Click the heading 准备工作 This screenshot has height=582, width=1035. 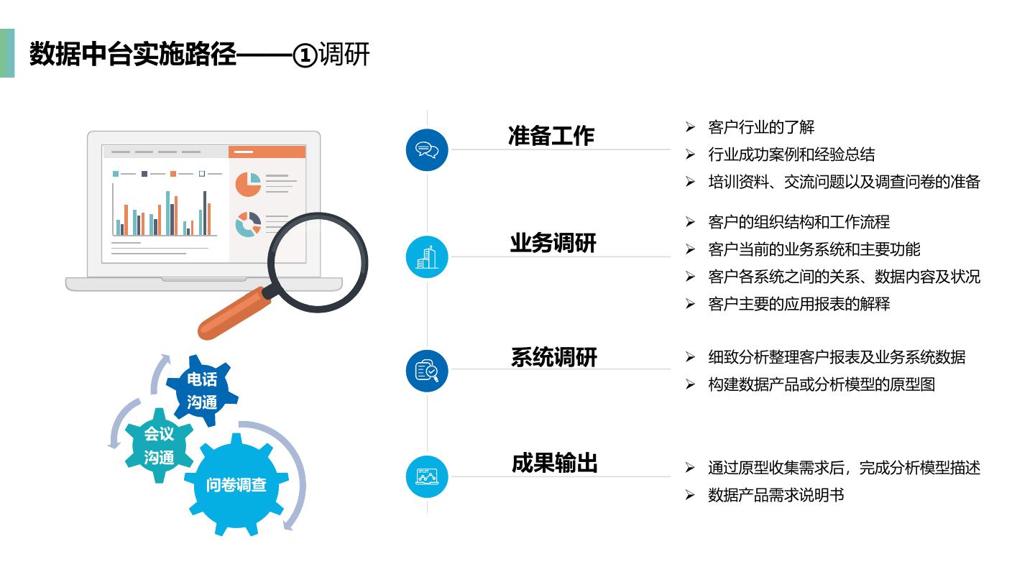pos(551,136)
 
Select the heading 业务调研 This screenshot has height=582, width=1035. pos(553,244)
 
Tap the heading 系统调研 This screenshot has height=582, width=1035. pos(553,357)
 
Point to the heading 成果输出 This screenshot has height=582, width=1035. pos(554,463)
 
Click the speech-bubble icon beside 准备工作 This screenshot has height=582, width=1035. pos(427,150)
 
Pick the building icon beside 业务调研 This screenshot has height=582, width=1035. pos(427,257)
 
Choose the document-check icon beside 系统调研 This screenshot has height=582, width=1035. pos(427,371)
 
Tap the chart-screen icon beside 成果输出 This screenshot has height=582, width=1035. pos(427,476)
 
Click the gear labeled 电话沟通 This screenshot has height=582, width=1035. pos(202,391)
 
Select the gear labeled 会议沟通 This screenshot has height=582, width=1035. pos(159,445)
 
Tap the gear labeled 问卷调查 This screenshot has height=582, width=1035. pos(236,485)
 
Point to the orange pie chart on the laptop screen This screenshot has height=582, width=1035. pos(248,184)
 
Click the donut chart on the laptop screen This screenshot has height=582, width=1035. pos(248,224)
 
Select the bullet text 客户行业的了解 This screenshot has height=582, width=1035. pos(761,128)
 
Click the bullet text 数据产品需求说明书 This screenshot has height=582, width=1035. pos(776,495)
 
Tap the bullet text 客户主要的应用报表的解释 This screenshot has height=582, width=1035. pos(799,304)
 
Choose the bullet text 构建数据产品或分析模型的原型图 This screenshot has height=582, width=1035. pos(821,384)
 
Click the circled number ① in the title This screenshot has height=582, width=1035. pos(305,55)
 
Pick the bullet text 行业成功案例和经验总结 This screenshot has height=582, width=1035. pos(791,154)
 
